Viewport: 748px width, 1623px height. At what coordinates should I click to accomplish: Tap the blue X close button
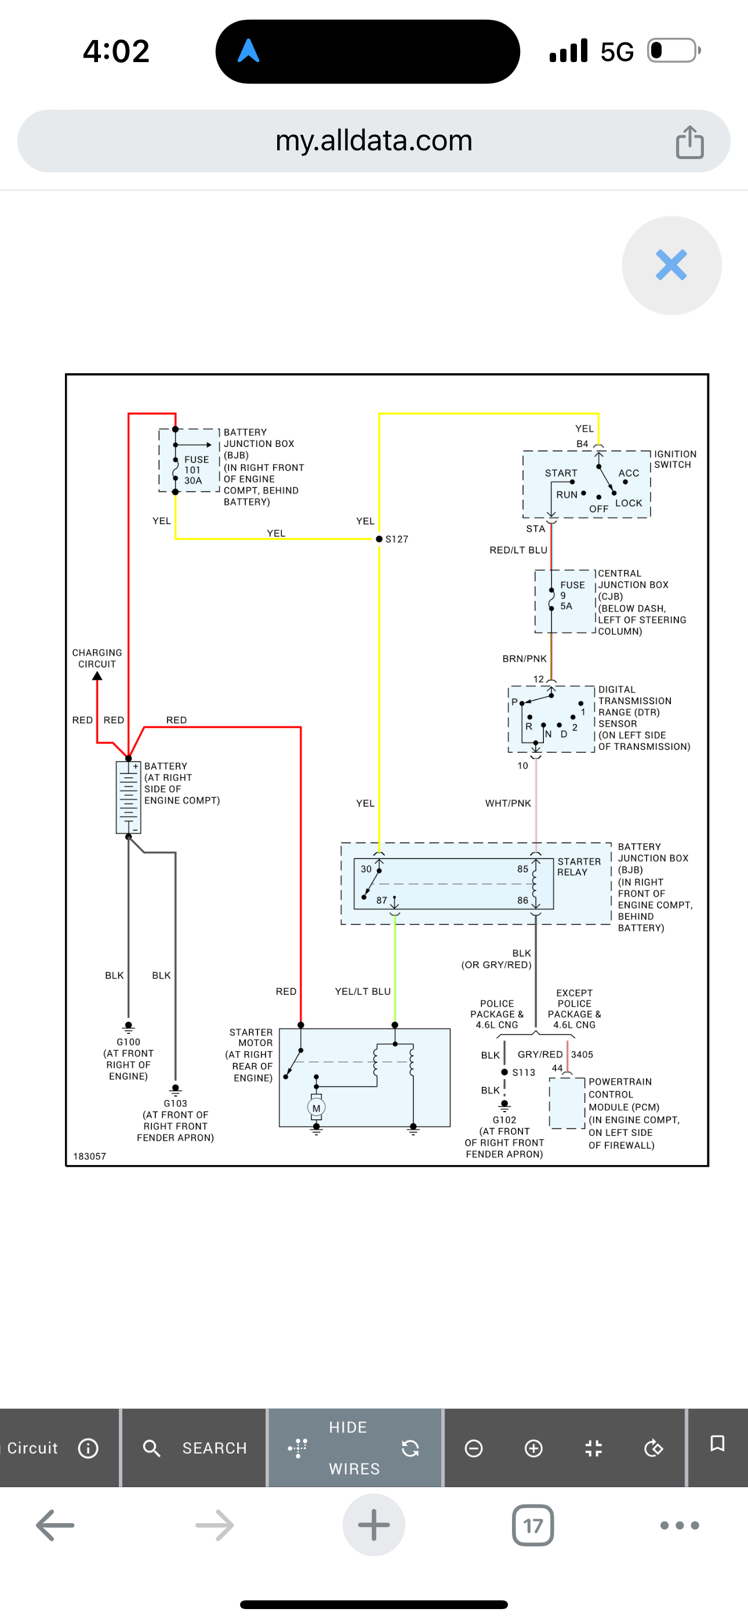(671, 265)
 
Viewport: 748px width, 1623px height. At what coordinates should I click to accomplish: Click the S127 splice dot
(379, 539)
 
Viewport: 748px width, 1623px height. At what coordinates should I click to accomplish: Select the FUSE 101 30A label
(196, 470)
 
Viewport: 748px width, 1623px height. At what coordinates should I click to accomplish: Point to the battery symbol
(129, 798)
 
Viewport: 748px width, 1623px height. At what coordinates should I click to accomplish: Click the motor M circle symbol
(316, 1108)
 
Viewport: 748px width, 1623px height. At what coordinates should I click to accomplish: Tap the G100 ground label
(129, 1042)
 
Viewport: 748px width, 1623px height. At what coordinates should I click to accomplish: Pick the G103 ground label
(176, 1103)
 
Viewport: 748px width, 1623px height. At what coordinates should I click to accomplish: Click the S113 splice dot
(504, 1072)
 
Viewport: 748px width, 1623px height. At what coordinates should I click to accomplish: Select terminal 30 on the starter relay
(366, 869)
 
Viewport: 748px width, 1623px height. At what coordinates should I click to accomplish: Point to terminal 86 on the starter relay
(522, 900)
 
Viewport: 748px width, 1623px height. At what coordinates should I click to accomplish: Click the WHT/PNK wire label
(508, 803)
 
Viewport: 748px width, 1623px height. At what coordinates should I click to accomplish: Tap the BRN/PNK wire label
(525, 658)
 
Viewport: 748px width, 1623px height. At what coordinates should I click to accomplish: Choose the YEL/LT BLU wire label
(362, 991)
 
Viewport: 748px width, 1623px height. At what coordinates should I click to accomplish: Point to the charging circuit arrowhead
(97, 676)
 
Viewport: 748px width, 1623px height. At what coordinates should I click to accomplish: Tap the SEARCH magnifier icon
(151, 1448)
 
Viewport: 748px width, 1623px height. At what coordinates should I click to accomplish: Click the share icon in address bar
(689, 142)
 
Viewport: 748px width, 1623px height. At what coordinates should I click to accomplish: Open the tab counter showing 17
(533, 1525)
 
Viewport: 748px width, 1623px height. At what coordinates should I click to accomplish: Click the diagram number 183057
(89, 1156)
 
